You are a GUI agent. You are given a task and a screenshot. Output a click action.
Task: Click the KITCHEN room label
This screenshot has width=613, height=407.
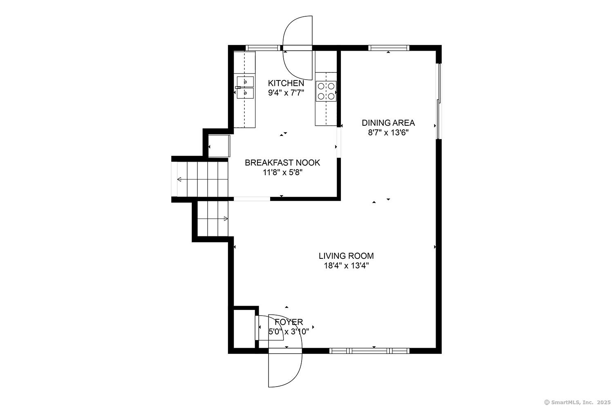[x=286, y=83]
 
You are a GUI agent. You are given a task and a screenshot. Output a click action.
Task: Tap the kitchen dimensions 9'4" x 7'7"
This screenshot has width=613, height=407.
[x=286, y=93]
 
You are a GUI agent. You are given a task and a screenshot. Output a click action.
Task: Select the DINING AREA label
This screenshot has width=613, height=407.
[x=388, y=123]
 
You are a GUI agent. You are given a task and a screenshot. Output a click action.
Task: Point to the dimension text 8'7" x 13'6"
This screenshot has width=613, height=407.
[x=388, y=133]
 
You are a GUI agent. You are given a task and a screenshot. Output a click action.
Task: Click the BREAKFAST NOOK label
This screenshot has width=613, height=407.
[x=282, y=163]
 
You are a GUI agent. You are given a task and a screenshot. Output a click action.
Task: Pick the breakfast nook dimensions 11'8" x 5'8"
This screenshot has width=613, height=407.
[x=282, y=173]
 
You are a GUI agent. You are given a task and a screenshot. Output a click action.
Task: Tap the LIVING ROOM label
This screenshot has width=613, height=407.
[x=346, y=256]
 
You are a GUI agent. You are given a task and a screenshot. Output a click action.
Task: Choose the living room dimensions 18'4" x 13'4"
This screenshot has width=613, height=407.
[x=346, y=266]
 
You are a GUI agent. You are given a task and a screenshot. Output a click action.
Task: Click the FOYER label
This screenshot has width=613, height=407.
[x=289, y=322]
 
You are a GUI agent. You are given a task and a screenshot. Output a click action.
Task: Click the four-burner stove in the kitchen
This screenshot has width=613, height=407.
[x=326, y=91]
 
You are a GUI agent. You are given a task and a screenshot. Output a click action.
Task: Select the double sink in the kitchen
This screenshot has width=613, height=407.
[x=245, y=87]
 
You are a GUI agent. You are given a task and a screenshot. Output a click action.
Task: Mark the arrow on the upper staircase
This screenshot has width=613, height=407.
[x=203, y=180]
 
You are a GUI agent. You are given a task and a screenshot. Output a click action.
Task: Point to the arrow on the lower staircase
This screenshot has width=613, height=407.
[x=213, y=219]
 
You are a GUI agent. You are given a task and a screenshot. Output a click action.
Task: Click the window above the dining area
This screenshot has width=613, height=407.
[x=389, y=48]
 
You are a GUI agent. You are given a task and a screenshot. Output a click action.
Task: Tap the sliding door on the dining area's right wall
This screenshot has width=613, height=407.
[x=438, y=102]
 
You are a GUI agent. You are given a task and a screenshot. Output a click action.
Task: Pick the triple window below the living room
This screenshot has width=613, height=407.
[x=369, y=351]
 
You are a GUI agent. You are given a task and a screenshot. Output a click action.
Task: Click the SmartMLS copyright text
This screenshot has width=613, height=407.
[x=577, y=403]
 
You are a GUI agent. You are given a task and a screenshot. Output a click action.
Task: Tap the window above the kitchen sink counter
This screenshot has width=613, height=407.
[x=263, y=48]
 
